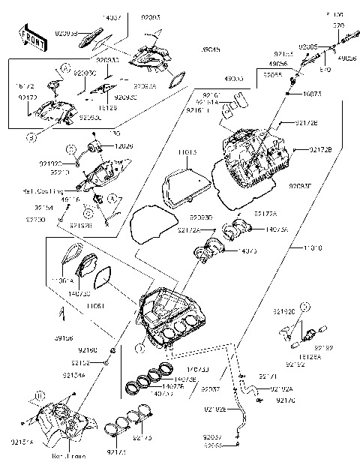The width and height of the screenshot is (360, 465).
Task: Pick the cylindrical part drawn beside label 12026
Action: (x=96, y=144)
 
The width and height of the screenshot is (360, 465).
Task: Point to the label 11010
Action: (x=314, y=247)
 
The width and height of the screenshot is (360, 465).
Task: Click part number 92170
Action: (x=286, y=400)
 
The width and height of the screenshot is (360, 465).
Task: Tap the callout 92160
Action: (x=88, y=350)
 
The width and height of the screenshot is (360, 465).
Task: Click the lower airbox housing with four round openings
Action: (x=172, y=322)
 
